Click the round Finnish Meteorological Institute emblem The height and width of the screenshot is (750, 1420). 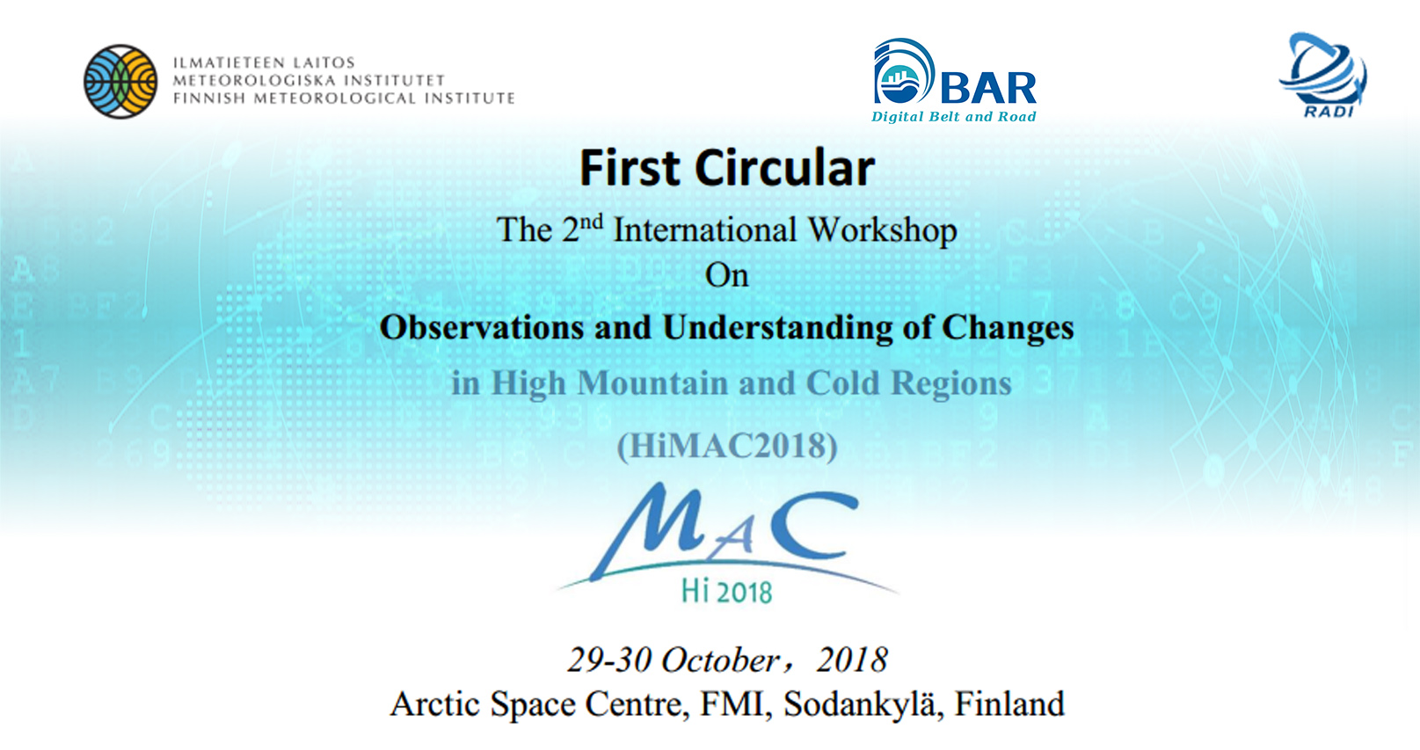[120, 81]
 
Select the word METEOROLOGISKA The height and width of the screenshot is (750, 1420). [254, 81]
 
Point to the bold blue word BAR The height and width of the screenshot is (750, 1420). [989, 88]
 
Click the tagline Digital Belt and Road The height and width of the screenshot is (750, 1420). [953, 117]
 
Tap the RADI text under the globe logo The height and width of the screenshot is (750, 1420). [1328, 113]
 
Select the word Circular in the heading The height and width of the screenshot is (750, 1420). [785, 168]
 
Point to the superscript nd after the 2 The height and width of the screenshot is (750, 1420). [592, 222]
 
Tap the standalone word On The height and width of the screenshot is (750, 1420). [727, 276]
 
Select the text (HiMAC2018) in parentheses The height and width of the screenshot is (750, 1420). [727, 446]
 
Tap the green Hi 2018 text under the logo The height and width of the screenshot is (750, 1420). [726, 592]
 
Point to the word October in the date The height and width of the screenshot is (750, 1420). [720, 660]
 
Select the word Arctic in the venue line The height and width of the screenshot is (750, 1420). [434, 703]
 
